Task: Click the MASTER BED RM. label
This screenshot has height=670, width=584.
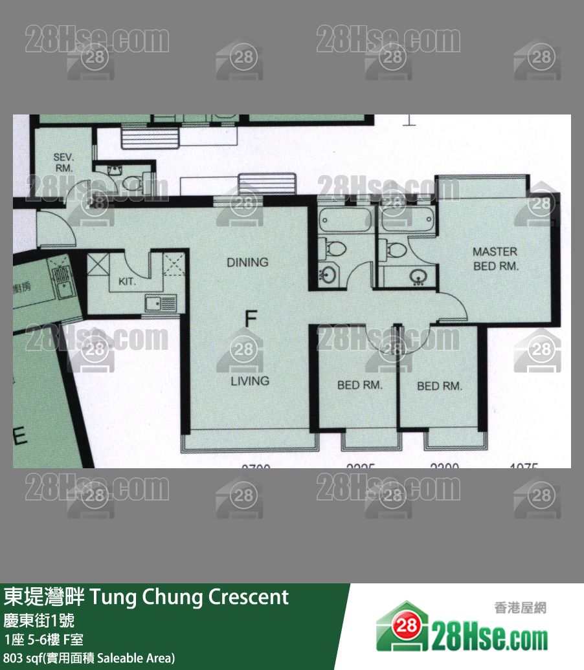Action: tap(495, 259)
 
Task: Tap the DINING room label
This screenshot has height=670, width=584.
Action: tap(247, 262)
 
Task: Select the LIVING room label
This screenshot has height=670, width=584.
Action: tap(250, 380)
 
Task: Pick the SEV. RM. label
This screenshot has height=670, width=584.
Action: tap(63, 162)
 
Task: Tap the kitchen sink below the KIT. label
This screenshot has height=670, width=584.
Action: tap(160, 302)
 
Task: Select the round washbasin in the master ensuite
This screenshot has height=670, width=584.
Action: tap(418, 276)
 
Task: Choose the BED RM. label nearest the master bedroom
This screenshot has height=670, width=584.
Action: tap(440, 386)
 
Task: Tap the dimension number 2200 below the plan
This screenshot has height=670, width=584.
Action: tap(444, 465)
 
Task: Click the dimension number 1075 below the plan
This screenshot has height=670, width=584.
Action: tap(524, 465)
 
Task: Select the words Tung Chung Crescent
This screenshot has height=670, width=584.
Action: tap(189, 596)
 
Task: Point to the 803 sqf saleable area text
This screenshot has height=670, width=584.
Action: tap(89, 658)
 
